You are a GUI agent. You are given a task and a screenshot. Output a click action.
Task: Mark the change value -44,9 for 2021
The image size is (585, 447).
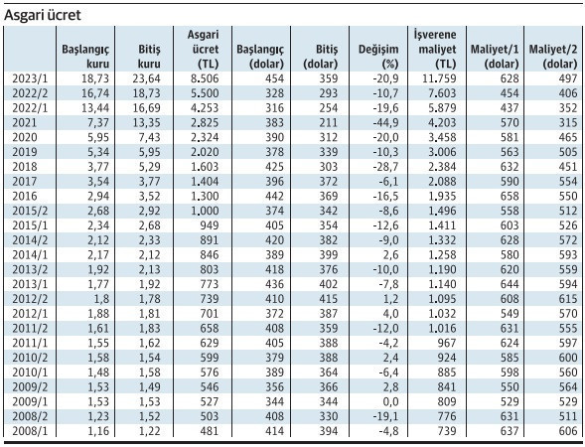pos(382,122)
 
